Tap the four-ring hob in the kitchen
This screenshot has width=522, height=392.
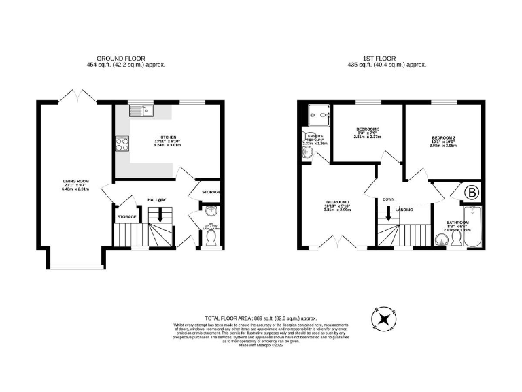(x=124, y=144)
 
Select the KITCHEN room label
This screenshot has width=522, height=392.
(x=168, y=137)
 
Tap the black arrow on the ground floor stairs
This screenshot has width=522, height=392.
(x=159, y=215)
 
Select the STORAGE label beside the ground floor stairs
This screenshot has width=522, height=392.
(x=127, y=217)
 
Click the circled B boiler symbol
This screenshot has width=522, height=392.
(x=471, y=193)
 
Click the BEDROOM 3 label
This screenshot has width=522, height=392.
(x=368, y=129)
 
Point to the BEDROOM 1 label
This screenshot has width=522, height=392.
(x=337, y=203)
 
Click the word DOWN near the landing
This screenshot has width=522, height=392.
(x=389, y=199)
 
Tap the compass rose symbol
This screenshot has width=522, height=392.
(x=385, y=318)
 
